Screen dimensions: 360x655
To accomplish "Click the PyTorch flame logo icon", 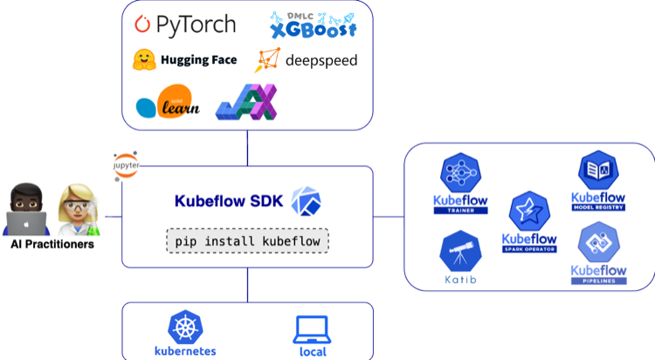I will click(142, 25).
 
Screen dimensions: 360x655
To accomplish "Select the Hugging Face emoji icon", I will click(143, 60).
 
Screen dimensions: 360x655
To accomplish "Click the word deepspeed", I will click(321, 61).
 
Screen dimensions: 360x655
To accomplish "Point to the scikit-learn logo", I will click(168, 105).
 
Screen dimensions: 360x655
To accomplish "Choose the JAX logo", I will click(247, 102).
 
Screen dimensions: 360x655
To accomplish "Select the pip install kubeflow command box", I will click(247, 239).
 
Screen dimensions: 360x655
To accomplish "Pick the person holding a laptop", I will click(25, 210).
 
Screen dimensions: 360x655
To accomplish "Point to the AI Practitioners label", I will click(52, 245).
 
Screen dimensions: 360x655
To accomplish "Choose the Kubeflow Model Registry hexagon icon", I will click(598, 170).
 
